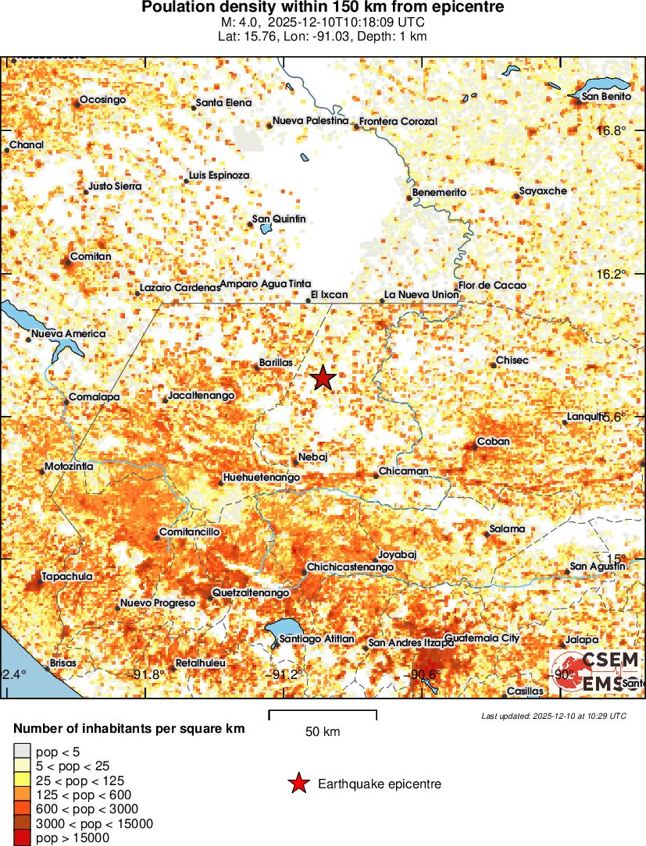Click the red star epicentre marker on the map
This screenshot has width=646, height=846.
coord(323,379)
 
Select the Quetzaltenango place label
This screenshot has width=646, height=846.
coord(252,593)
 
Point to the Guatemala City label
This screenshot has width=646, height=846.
coord(482,638)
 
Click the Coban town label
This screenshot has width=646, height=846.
coord(493,441)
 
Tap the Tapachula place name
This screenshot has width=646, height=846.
coord(66,576)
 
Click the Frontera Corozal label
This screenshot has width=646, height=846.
coord(398,122)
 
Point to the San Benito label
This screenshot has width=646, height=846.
coord(607,97)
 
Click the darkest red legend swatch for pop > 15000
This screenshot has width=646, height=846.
coord(21,837)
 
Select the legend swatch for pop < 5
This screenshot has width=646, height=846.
coord(21,752)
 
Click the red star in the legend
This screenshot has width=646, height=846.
coord(298,784)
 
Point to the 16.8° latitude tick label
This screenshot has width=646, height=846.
coord(611,130)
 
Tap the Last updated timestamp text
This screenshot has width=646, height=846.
coord(553,716)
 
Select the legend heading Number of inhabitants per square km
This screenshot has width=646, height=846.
coord(130,728)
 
